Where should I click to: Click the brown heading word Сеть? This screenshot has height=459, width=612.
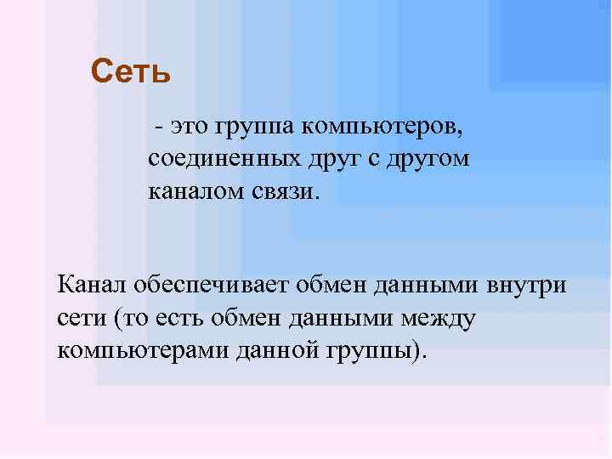point(131,71)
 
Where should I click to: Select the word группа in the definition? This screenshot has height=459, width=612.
point(254,128)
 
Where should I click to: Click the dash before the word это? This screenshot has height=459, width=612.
point(159,128)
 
